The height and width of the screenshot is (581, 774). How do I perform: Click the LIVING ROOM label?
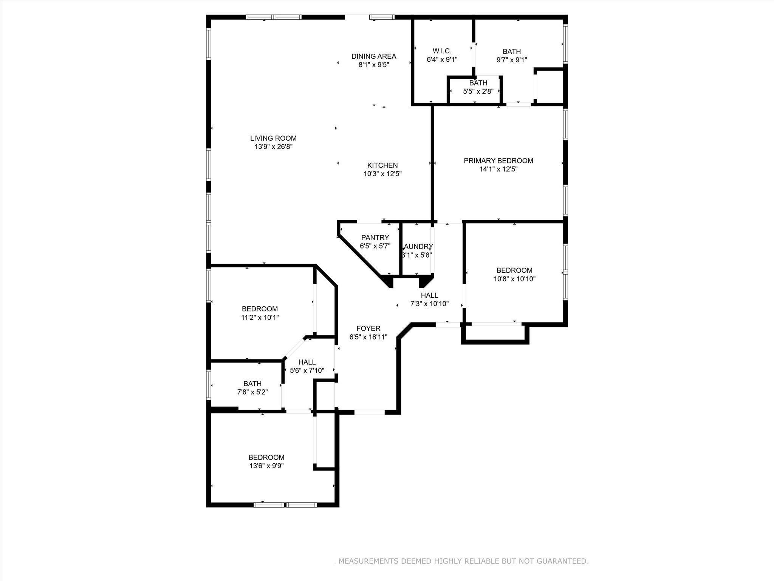pyautogui.click(x=273, y=138)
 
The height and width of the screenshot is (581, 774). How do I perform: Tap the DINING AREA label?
pyautogui.click(x=374, y=56)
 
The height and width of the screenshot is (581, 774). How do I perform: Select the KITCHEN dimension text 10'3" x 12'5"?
pyautogui.click(x=382, y=174)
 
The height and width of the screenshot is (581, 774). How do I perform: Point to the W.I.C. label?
pyautogui.click(x=442, y=51)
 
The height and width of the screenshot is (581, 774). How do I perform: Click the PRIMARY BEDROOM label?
pyautogui.click(x=498, y=161)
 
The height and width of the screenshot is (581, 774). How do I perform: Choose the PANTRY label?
pyautogui.click(x=375, y=238)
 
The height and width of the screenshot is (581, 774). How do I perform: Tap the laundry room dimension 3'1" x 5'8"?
pyautogui.click(x=416, y=255)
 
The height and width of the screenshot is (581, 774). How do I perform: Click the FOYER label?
pyautogui.click(x=368, y=329)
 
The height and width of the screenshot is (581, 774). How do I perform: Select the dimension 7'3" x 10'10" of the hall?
pyautogui.click(x=429, y=304)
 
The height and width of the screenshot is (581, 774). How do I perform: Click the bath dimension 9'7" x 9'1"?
pyautogui.click(x=511, y=60)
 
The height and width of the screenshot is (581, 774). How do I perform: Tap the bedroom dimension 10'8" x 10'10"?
pyautogui.click(x=514, y=279)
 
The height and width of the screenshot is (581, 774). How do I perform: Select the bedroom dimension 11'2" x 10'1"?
pyautogui.click(x=260, y=318)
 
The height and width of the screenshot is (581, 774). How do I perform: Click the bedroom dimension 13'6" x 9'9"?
pyautogui.click(x=266, y=466)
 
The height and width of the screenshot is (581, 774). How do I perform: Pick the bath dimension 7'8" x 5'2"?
pyautogui.click(x=252, y=392)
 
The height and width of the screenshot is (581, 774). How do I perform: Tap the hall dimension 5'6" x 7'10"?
pyautogui.click(x=307, y=371)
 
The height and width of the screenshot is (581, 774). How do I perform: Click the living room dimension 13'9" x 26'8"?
pyautogui.click(x=273, y=147)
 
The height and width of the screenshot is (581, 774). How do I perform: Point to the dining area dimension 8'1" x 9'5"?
pyautogui.click(x=374, y=65)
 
